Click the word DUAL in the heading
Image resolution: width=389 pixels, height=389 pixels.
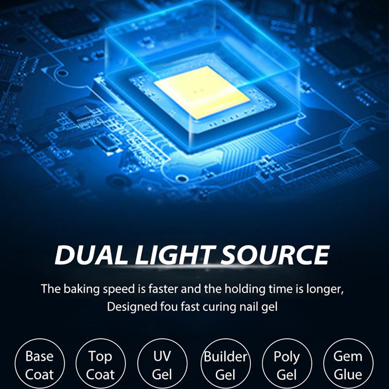pyautogui.click(x=90, y=255)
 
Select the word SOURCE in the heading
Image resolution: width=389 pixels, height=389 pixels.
pyautogui.click(x=275, y=255)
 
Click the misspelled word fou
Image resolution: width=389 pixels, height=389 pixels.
pyautogui.click(x=169, y=307)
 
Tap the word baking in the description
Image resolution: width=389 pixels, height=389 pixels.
pyautogui.click(x=81, y=289)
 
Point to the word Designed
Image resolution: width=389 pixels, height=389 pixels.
pyautogui.click(x=132, y=307)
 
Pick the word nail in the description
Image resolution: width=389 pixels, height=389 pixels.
pyautogui.click(x=248, y=307)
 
